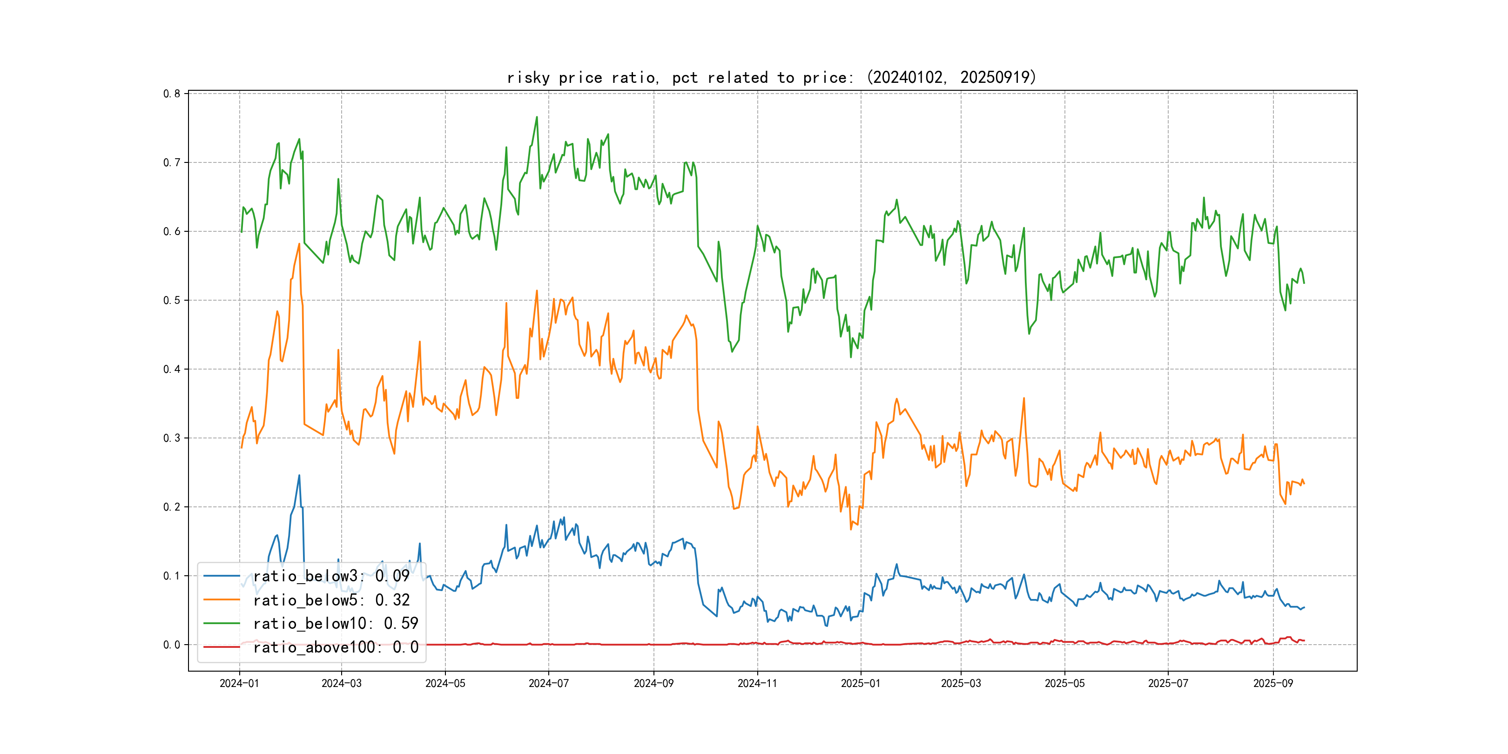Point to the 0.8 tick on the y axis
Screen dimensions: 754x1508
tap(172, 94)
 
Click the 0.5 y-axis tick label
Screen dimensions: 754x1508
tap(172, 300)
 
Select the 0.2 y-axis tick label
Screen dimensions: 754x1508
tap(172, 507)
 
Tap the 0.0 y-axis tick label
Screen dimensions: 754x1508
tap(172, 645)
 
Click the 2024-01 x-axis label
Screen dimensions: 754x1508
tap(239, 683)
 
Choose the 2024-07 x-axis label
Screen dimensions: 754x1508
tap(549, 683)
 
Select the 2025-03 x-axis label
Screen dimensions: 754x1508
tap(961, 683)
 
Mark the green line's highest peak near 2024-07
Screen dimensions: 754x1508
tap(537, 117)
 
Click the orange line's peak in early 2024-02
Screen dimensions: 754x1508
tap(299, 244)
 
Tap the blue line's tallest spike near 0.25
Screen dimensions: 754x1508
tap(299, 475)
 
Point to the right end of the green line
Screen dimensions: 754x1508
tap(1304, 283)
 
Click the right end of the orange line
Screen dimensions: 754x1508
tap(1304, 484)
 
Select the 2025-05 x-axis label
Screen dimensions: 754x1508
tap(1064, 683)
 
